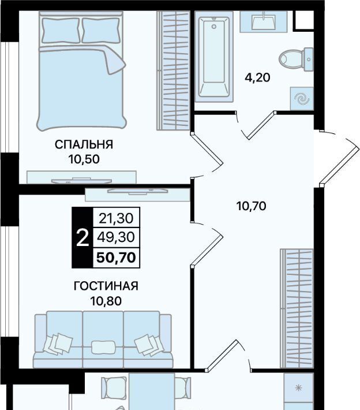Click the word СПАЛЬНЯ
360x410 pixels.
pyautogui.click(x=84, y=144)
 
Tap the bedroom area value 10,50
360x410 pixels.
pyautogui.click(x=84, y=159)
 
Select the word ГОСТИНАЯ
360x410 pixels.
pyautogui.click(x=106, y=286)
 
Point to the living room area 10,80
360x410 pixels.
pyautogui.click(x=106, y=301)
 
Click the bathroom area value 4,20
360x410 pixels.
pyautogui.click(x=257, y=77)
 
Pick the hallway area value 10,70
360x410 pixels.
pyautogui.click(x=252, y=206)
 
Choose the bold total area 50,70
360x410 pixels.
pyautogui.click(x=117, y=258)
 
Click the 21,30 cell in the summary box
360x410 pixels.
pyautogui.click(x=117, y=218)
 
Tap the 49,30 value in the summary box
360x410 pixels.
pyautogui.click(x=117, y=237)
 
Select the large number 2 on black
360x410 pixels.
pyautogui.click(x=82, y=238)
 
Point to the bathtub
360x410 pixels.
pyautogui.click(x=214, y=57)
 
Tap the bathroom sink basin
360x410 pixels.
pyautogui.click(x=263, y=21)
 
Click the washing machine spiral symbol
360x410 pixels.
pyautogui.click(x=302, y=99)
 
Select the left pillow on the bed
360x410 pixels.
pyautogui.click(x=61, y=30)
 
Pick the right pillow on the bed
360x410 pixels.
pyautogui.click(x=101, y=30)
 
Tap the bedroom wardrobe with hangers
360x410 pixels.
pyautogui.click(x=173, y=70)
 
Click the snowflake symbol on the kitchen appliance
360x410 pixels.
pyautogui.click(x=299, y=388)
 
